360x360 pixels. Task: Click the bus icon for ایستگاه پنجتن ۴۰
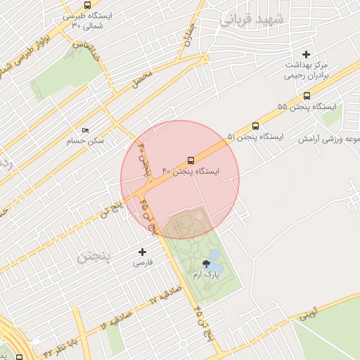pyautogui.click(x=191, y=160)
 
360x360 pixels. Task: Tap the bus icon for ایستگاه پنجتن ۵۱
pyautogui.click(x=255, y=127)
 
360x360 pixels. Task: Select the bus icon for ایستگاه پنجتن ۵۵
pyautogui.click(x=307, y=96)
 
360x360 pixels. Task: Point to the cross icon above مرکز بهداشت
pyautogui.click(x=306, y=54)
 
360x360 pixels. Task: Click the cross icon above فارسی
pyautogui.click(x=143, y=252)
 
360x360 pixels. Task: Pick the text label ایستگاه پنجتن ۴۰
pyautogui.click(x=191, y=172)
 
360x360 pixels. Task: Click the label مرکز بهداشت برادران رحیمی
pyautogui.click(x=307, y=70)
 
